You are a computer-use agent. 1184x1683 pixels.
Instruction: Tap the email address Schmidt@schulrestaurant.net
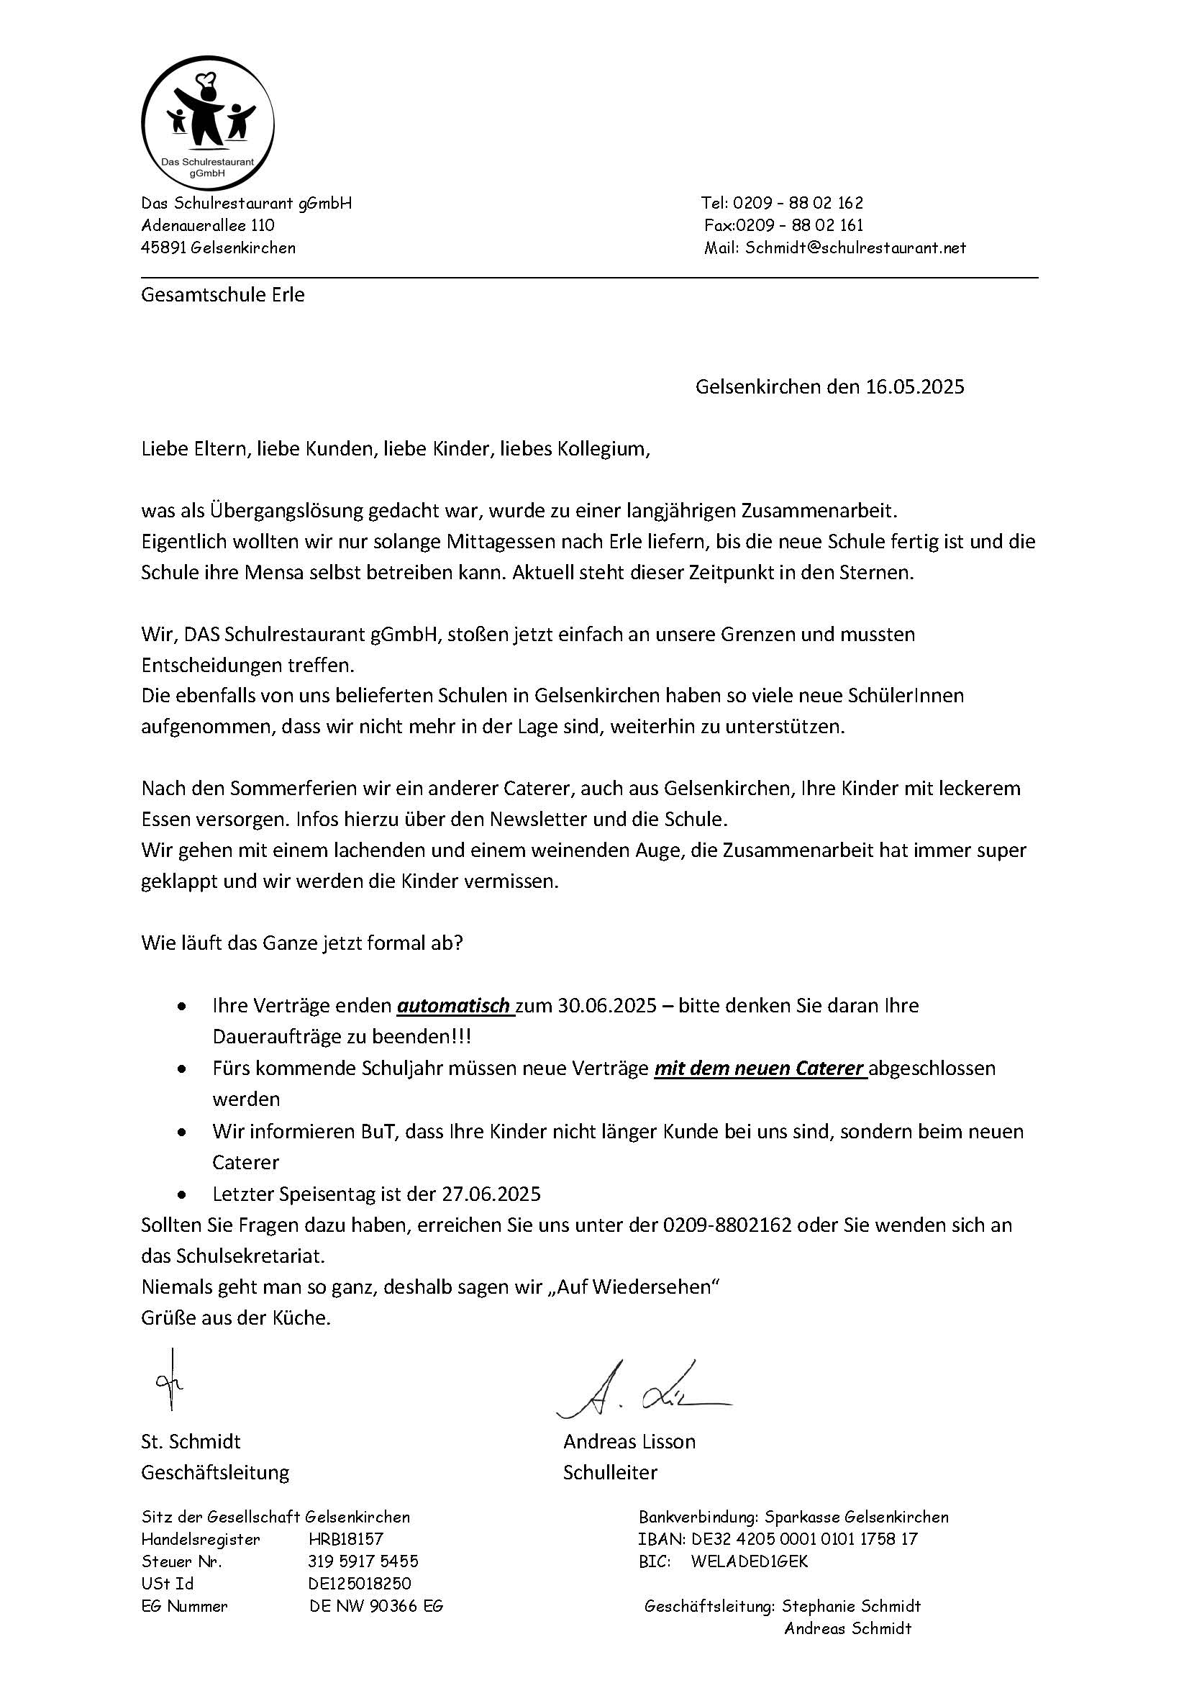click(x=855, y=248)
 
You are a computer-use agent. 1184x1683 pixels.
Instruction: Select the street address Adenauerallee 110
click(x=208, y=225)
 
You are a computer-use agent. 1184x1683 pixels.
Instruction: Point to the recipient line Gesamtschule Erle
click(x=223, y=296)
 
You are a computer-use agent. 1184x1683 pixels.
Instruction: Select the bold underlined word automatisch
click(x=455, y=1006)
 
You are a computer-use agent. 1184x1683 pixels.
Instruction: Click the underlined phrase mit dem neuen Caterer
click(x=759, y=1069)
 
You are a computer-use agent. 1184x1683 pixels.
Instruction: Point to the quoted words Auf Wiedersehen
click(x=634, y=1287)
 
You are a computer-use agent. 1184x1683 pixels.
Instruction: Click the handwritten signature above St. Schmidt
click(x=169, y=1381)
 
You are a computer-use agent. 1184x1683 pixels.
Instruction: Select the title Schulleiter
click(x=610, y=1473)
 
